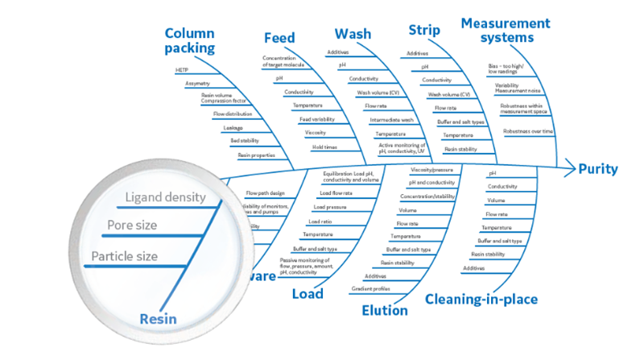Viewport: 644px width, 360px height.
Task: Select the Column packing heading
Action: (x=190, y=40)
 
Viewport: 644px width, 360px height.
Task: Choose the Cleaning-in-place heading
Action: (x=481, y=300)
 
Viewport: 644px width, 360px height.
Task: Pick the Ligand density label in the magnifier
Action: (x=166, y=197)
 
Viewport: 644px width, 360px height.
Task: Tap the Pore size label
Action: (x=132, y=226)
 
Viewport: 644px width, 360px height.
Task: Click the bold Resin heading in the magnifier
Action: (x=158, y=319)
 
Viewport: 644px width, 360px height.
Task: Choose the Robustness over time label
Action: (x=528, y=130)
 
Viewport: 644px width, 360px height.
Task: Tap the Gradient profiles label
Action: (x=371, y=288)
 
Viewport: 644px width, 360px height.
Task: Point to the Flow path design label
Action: (x=264, y=193)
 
